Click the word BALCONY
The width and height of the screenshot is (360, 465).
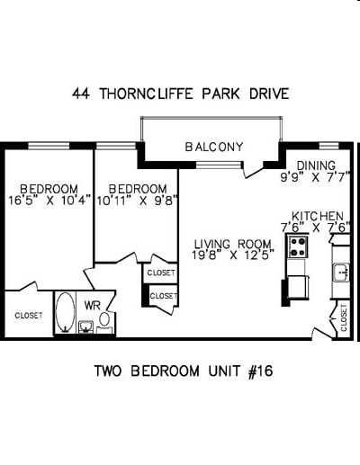(214, 147)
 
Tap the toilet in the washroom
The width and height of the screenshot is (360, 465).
(104, 319)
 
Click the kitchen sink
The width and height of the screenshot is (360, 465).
(340, 271)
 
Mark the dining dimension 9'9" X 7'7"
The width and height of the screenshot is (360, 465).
(308, 177)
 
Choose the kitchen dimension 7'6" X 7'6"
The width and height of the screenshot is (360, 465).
(312, 227)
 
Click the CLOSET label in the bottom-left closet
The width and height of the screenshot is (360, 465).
(28, 316)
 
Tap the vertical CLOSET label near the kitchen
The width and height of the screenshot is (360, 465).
(344, 317)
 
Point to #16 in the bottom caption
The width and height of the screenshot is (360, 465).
(261, 371)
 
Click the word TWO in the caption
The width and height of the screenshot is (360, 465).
(109, 371)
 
